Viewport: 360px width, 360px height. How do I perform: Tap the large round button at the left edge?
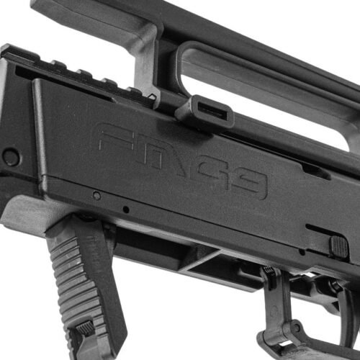[x=10, y=156]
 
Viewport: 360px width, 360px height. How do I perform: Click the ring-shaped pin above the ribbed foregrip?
[x=96, y=195]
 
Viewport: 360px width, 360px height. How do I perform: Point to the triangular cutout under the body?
[x=210, y=261]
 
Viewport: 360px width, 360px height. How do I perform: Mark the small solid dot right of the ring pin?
[x=125, y=210]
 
